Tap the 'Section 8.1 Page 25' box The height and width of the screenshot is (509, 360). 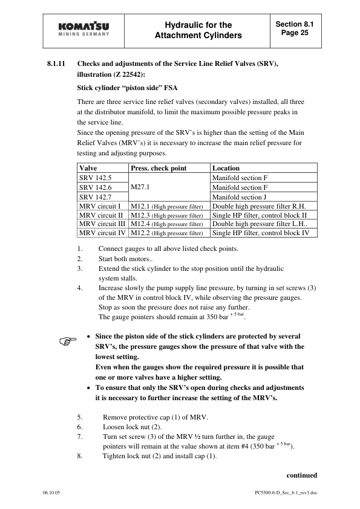coord(295,28)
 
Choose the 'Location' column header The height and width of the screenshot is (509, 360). coord(226,168)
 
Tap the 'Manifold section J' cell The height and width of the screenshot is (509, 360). coord(240,197)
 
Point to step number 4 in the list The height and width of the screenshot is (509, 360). coord(80,288)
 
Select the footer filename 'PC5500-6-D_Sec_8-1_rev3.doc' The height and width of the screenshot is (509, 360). coord(286,492)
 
